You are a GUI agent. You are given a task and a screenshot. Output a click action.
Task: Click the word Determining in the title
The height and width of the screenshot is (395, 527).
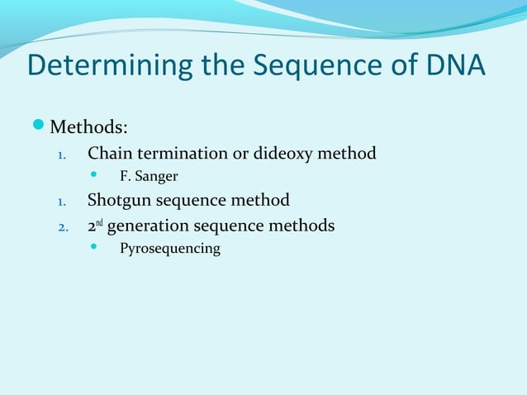pyautogui.click(x=110, y=66)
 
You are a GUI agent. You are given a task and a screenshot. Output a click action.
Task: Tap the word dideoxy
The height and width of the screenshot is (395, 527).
pyautogui.click(x=287, y=153)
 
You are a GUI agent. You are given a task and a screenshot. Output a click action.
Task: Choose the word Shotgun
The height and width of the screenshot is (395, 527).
pyautogui.click(x=120, y=200)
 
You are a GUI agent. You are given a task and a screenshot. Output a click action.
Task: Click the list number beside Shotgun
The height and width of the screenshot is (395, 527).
pyautogui.click(x=60, y=201)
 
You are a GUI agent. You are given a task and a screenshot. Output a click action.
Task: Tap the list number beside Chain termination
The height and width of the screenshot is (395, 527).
pyautogui.click(x=60, y=154)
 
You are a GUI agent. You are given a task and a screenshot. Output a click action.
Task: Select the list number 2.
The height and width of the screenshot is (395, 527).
pyautogui.click(x=60, y=226)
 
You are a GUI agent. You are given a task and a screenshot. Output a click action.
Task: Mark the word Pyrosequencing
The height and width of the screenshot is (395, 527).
pyautogui.click(x=170, y=249)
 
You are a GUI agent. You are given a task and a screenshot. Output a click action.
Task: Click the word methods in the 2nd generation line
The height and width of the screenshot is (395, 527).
pyautogui.click(x=303, y=225)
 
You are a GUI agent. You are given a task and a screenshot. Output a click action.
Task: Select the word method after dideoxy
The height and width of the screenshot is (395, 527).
pyautogui.click(x=348, y=153)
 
